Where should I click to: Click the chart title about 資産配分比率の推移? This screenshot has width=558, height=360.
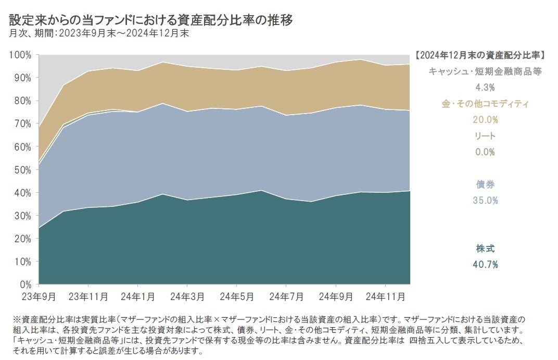click(x=151, y=20)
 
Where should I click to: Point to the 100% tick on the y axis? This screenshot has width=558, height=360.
click(x=21, y=55)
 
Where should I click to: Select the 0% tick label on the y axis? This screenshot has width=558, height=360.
click(x=26, y=285)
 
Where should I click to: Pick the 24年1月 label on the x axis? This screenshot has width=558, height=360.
click(x=137, y=296)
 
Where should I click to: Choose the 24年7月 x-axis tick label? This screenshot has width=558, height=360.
click(x=286, y=296)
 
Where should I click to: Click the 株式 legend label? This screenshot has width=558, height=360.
click(x=485, y=249)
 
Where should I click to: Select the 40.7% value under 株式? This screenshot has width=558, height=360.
click(x=485, y=265)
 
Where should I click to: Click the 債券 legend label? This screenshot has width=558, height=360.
click(x=485, y=184)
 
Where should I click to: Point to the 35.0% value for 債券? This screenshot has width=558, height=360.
click(x=485, y=200)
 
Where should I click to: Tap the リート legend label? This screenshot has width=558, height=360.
click(x=485, y=136)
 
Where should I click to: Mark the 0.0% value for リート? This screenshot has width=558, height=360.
click(x=485, y=152)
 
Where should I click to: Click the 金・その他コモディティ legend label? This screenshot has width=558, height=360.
click(x=485, y=104)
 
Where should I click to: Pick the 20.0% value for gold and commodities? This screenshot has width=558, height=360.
click(x=485, y=120)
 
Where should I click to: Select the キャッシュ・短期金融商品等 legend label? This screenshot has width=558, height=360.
click(x=485, y=71)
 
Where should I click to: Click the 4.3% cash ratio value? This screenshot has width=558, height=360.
click(x=485, y=88)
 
